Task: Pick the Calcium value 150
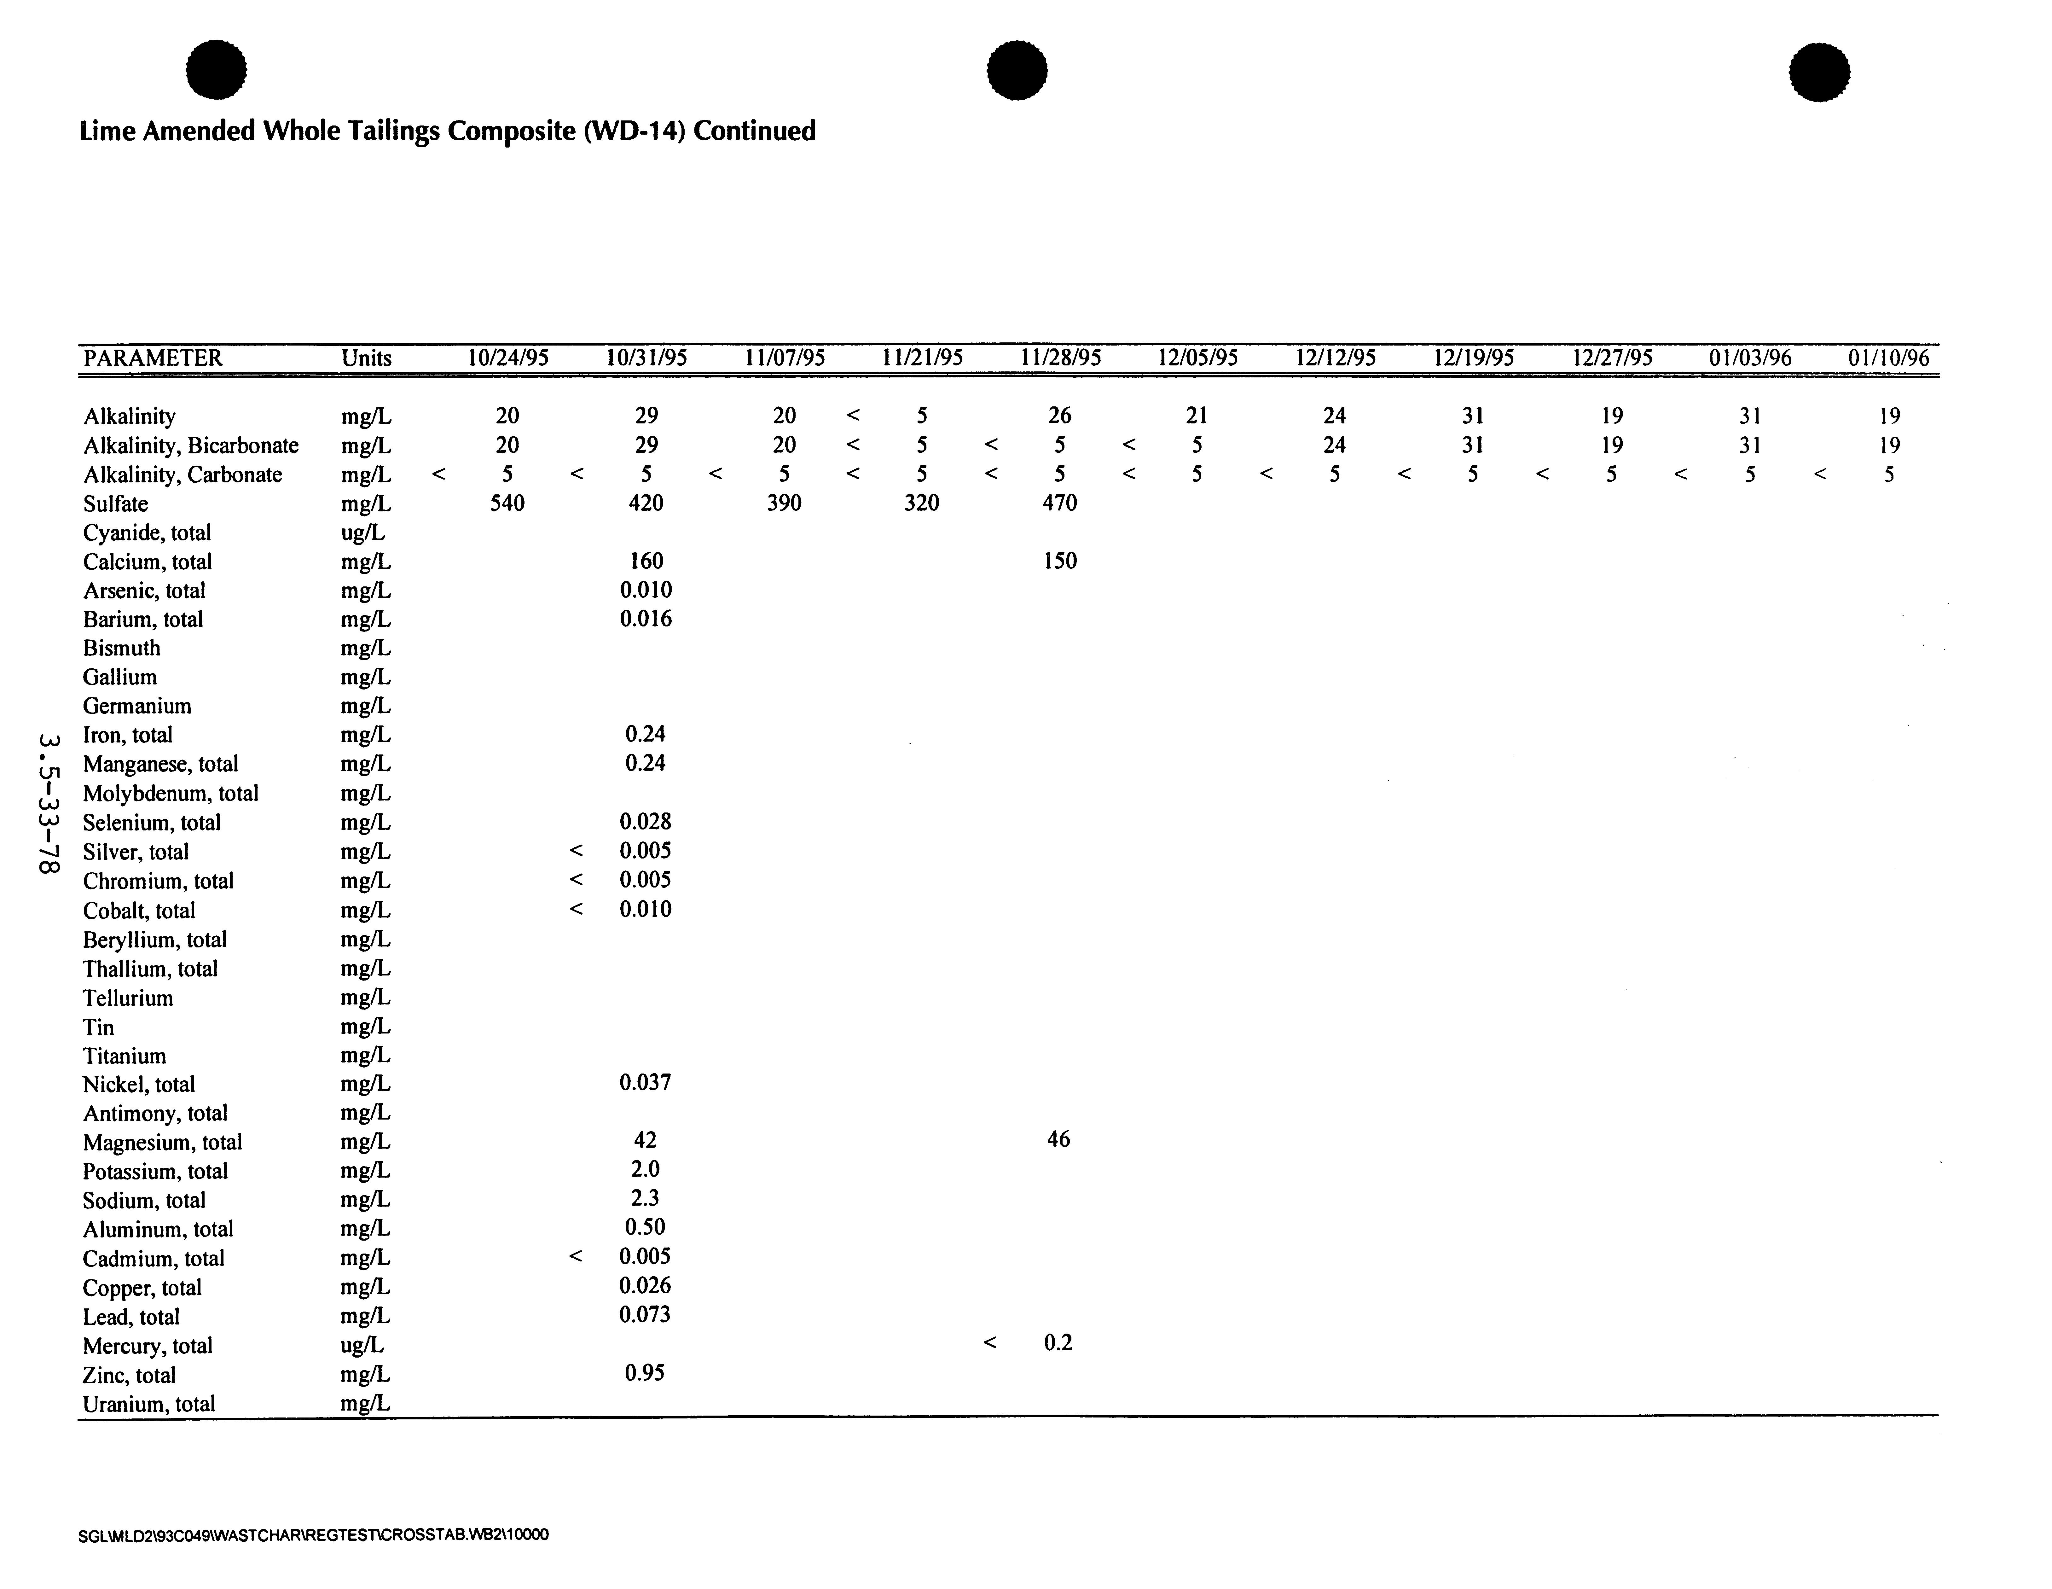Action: point(1060,561)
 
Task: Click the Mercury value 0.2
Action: point(1058,1343)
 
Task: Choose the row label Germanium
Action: point(137,706)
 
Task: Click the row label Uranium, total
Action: point(149,1404)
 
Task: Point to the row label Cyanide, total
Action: point(148,533)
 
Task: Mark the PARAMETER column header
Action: point(153,358)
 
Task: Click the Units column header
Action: point(366,358)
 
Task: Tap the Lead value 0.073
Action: point(645,1315)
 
